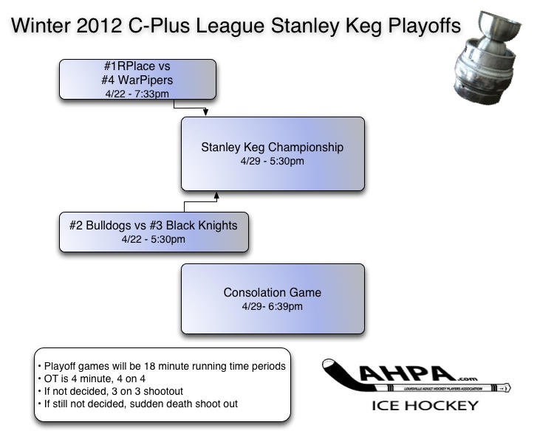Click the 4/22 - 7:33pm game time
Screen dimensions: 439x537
pyautogui.click(x=137, y=94)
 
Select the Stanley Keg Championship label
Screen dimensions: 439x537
pyautogui.click(x=273, y=147)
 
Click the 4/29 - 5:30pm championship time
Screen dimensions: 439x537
pyautogui.click(x=273, y=161)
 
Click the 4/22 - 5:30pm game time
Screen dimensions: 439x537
pyautogui.click(x=153, y=239)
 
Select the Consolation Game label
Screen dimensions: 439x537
pyautogui.click(x=273, y=293)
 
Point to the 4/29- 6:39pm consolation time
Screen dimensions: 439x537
pyautogui.click(x=273, y=307)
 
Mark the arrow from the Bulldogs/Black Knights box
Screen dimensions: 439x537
pyautogui.click(x=216, y=196)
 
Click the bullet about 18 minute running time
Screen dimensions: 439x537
pyautogui.click(x=161, y=366)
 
